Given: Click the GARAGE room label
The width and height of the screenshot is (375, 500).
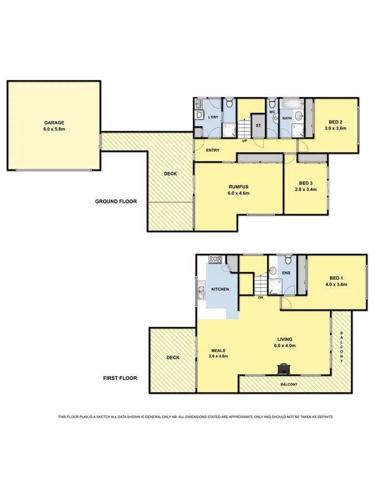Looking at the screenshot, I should click(x=55, y=123).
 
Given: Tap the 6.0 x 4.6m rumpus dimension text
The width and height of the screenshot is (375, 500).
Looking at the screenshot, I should click(x=238, y=193).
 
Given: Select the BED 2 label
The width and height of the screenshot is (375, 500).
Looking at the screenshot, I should click(x=334, y=122).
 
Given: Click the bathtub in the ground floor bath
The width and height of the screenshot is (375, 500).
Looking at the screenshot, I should click(x=289, y=104).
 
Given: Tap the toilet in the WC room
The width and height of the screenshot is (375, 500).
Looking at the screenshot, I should click(x=272, y=104).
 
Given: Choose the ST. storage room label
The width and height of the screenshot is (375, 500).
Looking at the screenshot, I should click(x=259, y=126).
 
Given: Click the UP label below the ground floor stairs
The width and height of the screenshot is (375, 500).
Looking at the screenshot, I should click(x=244, y=141).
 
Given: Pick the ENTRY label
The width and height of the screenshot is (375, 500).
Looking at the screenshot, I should click(x=212, y=151).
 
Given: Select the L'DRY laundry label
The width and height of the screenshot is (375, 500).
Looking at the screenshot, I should click(x=213, y=117).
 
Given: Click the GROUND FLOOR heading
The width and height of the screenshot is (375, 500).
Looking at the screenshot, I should click(x=116, y=202).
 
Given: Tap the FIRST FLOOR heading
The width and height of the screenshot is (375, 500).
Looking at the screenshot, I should click(x=120, y=378).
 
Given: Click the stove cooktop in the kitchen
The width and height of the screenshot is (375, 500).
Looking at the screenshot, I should click(x=215, y=259).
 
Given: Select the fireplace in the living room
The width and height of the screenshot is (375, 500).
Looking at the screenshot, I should click(x=284, y=369).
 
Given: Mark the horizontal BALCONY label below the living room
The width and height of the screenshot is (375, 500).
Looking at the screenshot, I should click(x=289, y=384).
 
